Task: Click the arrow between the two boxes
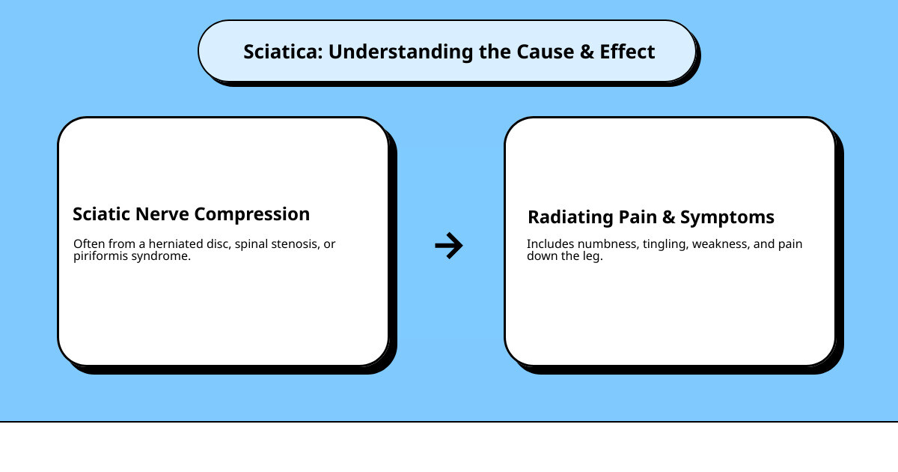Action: tap(449, 246)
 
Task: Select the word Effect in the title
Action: tap(627, 52)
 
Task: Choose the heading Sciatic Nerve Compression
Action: tap(191, 214)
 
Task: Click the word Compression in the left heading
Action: tap(251, 214)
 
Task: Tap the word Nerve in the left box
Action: tap(163, 214)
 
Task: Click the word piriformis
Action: tap(100, 256)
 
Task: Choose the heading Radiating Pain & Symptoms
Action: tap(650, 218)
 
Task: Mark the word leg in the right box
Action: tap(592, 256)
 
